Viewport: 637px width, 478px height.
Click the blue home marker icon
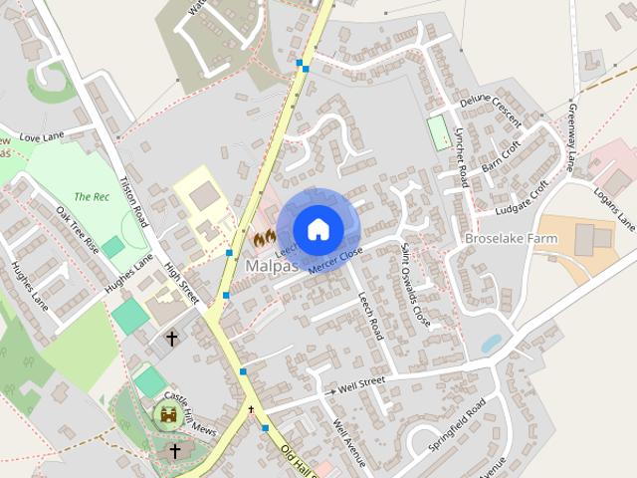coord(318,229)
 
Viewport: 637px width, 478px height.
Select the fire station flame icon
coord(264,239)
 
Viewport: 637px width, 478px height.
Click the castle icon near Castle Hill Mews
coord(170,414)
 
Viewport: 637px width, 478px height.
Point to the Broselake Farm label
coord(509,239)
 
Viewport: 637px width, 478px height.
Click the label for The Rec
coord(91,196)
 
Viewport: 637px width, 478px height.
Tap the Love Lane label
coord(41,137)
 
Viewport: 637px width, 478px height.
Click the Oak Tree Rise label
coord(78,230)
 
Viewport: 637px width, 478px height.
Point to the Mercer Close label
coord(335,261)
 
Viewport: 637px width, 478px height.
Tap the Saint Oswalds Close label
coord(415,284)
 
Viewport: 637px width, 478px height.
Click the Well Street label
coord(360,382)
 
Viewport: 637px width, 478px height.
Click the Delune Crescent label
coord(490,111)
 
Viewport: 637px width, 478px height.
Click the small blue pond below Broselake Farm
coord(491,344)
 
